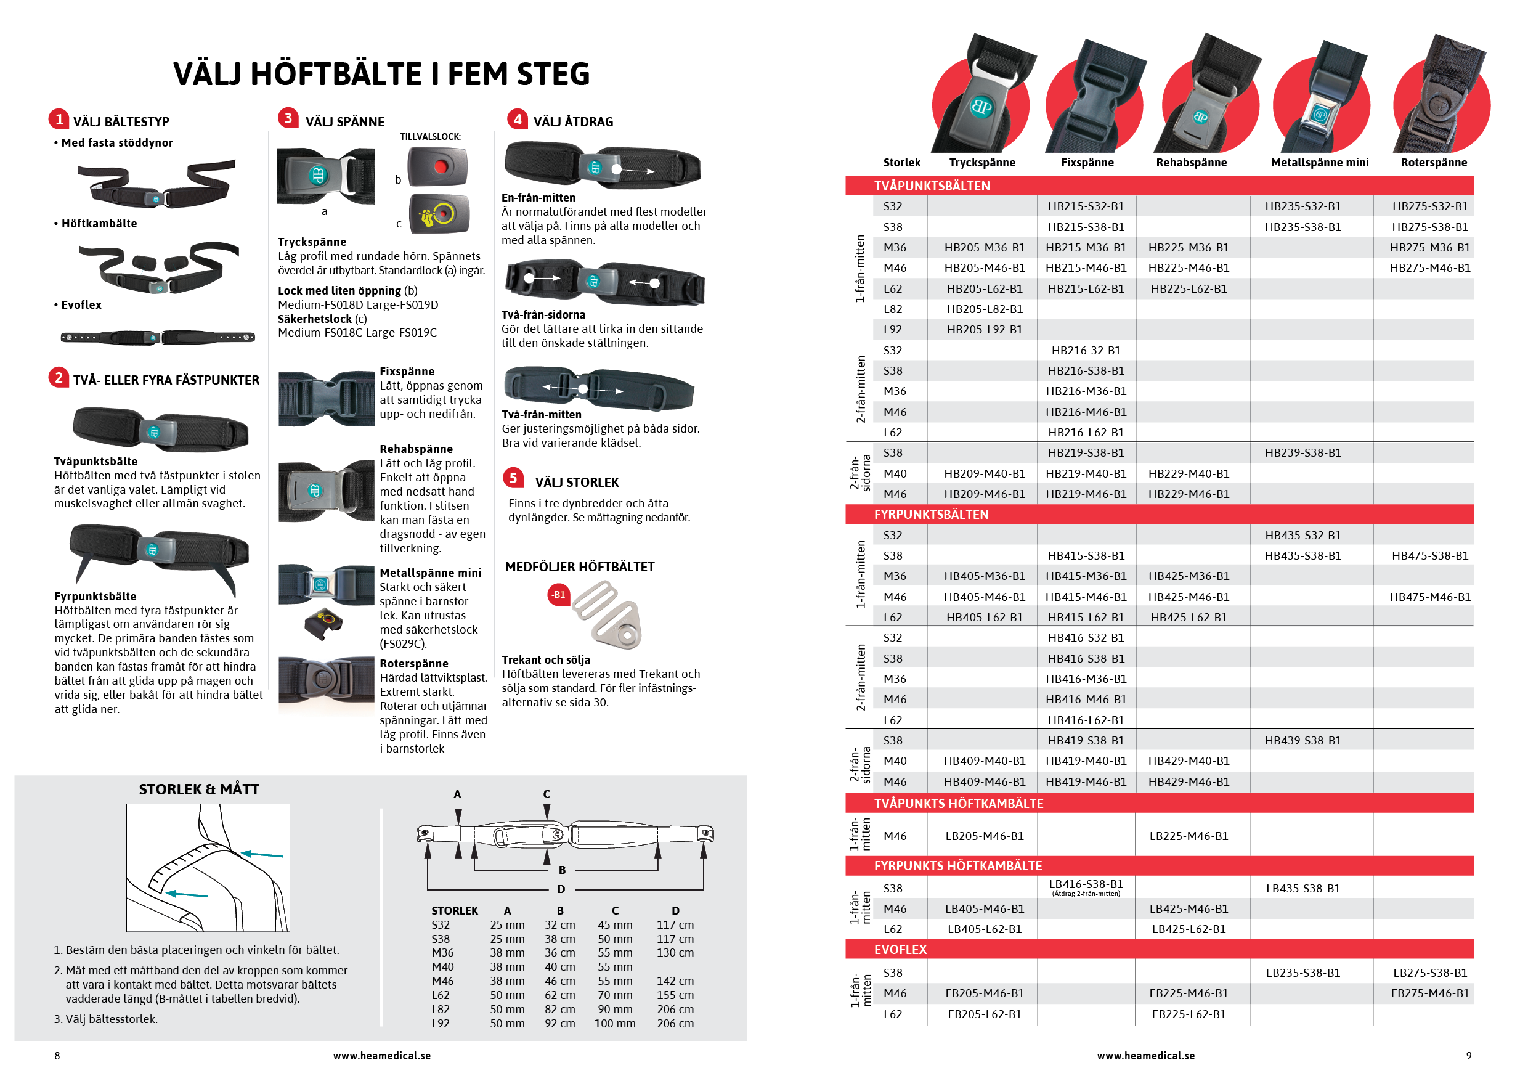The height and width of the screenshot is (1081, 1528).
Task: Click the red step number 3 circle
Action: coord(288,118)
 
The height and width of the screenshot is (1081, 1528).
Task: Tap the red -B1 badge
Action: coord(558,594)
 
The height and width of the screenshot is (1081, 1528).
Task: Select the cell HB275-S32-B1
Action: coord(1429,206)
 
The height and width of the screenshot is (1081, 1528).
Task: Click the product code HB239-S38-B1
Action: coord(1302,452)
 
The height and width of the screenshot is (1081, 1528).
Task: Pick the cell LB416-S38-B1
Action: coord(1086,884)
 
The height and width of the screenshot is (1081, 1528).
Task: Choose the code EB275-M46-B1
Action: coord(1429,993)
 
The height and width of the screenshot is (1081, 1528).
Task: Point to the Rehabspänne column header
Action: coord(1191,163)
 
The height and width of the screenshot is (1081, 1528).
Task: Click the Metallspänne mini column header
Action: coord(1319,163)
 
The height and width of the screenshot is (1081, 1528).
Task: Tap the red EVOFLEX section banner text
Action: coord(900,949)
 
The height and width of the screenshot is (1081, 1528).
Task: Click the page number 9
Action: coord(1469,1056)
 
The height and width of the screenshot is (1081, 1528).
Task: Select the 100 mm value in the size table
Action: coord(614,1023)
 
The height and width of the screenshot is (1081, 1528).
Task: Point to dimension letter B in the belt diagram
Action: coord(562,870)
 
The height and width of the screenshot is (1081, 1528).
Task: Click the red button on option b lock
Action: coord(440,166)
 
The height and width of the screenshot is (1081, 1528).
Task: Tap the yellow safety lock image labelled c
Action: coord(439,214)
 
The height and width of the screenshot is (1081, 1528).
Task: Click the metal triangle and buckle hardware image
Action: coord(607,614)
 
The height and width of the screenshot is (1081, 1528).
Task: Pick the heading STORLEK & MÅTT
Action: coord(199,789)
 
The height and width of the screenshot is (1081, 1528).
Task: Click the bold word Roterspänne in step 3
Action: coord(413,664)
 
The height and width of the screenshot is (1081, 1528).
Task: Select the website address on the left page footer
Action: coord(381,1056)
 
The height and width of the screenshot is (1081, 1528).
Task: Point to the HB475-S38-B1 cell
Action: coord(1429,556)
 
